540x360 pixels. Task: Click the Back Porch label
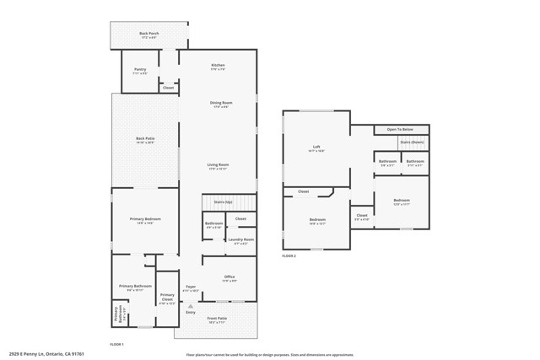coord(148,35)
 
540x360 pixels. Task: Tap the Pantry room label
coord(139,72)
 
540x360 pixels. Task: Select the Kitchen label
coord(218,66)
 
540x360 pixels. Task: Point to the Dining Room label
coord(221,104)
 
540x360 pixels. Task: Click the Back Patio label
coord(145,139)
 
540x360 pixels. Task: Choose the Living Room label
coord(219,166)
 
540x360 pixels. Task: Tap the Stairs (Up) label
coord(224,202)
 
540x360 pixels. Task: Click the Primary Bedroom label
coord(145,220)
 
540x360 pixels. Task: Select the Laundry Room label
coord(241,240)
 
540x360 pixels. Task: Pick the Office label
coord(229,277)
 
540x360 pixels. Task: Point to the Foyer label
coord(191,288)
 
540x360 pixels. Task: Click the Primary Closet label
coord(167,297)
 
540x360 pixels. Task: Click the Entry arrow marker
coord(190,305)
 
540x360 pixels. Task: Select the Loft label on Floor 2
coord(316,148)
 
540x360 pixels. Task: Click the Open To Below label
coord(400,129)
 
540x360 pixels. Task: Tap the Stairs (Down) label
coord(413,143)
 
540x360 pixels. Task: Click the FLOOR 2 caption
coord(289,255)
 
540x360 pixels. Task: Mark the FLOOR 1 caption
coord(117,344)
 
